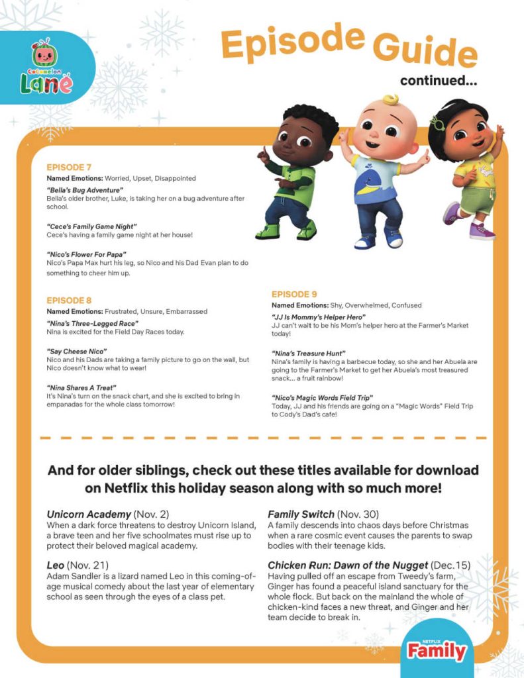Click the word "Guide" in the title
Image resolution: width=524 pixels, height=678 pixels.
click(x=424, y=50)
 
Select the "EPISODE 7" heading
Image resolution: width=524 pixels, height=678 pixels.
click(x=70, y=168)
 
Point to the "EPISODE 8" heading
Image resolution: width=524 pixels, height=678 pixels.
click(x=70, y=300)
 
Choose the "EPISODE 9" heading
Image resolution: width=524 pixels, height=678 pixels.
click(x=295, y=294)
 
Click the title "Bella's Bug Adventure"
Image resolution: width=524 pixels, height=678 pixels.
click(x=85, y=191)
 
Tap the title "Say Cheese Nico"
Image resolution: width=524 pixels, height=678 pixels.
click(x=77, y=350)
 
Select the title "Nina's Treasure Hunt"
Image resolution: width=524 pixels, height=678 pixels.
click(x=309, y=354)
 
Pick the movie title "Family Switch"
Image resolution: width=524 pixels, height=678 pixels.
click(x=301, y=513)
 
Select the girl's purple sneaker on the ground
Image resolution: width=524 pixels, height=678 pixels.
click(x=482, y=231)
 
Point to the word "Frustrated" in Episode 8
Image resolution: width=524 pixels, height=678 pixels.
click(x=123, y=311)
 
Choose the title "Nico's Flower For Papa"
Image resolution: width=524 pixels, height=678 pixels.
click(x=87, y=254)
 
